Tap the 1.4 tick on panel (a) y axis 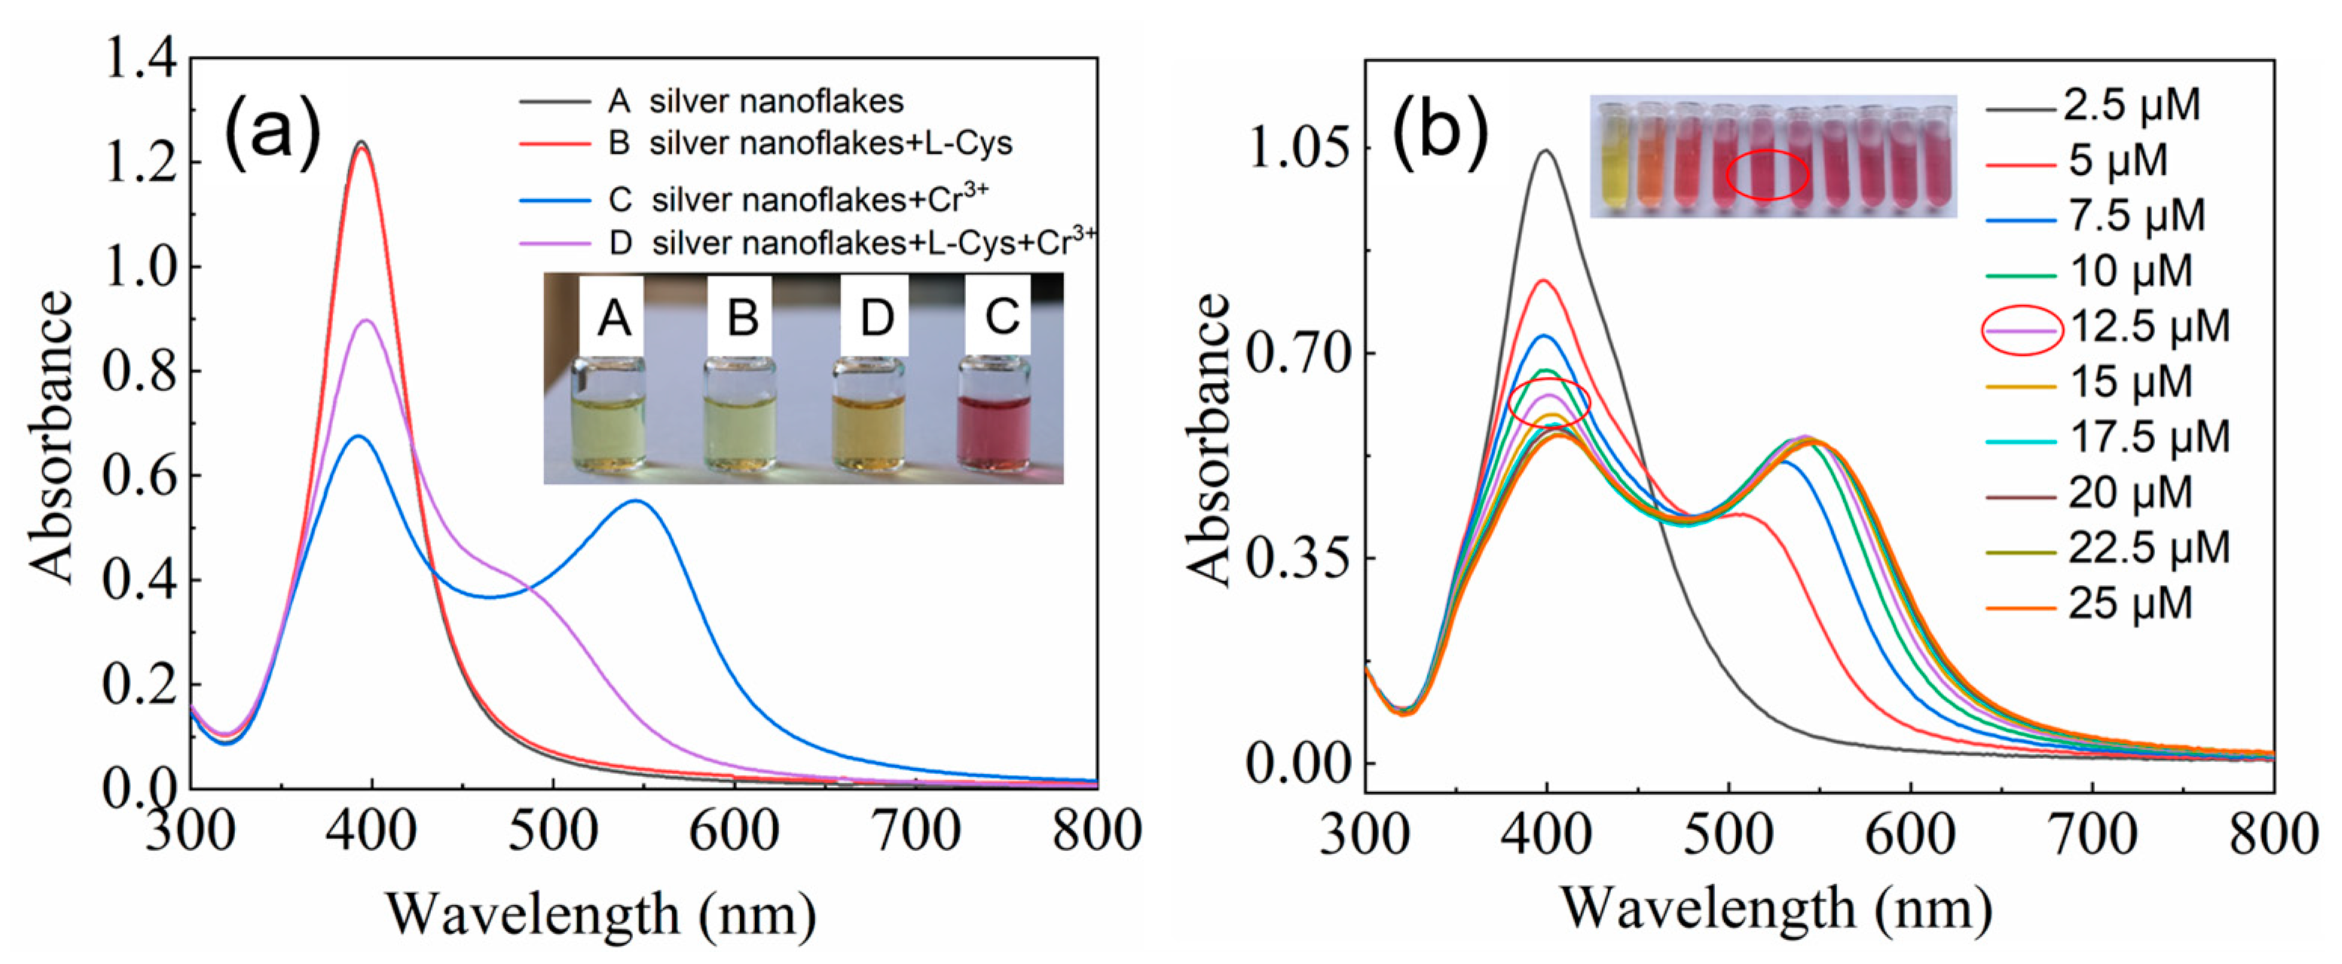tap(141, 59)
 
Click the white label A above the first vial tap(613, 317)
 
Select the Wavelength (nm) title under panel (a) tap(600, 915)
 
